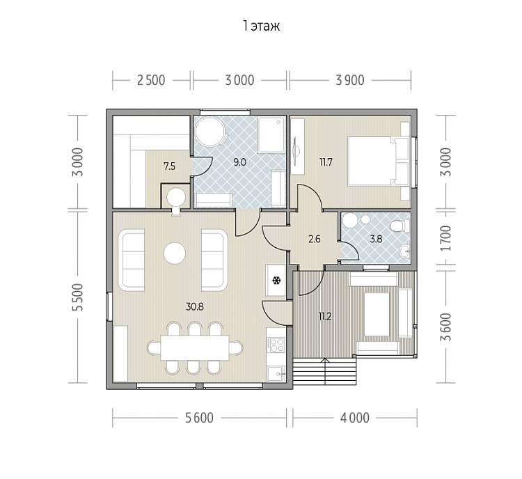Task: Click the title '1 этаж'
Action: [261, 26]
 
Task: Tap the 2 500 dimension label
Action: [151, 80]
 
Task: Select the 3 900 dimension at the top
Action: [350, 80]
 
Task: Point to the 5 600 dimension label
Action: [199, 418]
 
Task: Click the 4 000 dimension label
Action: [355, 418]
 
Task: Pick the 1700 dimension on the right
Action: [445, 238]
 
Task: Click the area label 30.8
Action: [195, 307]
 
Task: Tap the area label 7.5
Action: [169, 166]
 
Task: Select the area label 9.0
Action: [239, 162]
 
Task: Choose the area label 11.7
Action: [326, 162]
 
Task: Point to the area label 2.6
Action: [315, 239]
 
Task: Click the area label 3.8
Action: [376, 239]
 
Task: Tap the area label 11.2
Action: [325, 317]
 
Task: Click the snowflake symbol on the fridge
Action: [276, 281]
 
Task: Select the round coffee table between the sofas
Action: [175, 253]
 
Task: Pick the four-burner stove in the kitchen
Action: [277, 345]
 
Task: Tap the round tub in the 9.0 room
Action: [209, 132]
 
